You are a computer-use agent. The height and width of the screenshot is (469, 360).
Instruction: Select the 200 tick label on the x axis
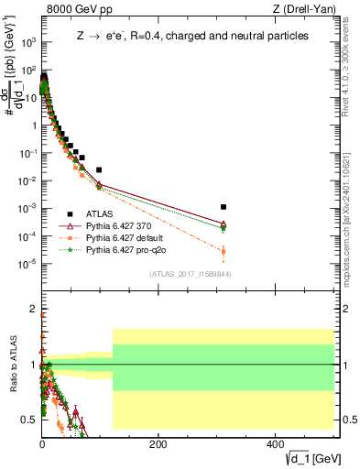point(158,443)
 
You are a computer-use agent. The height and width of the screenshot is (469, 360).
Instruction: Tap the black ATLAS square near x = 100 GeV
point(99,169)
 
